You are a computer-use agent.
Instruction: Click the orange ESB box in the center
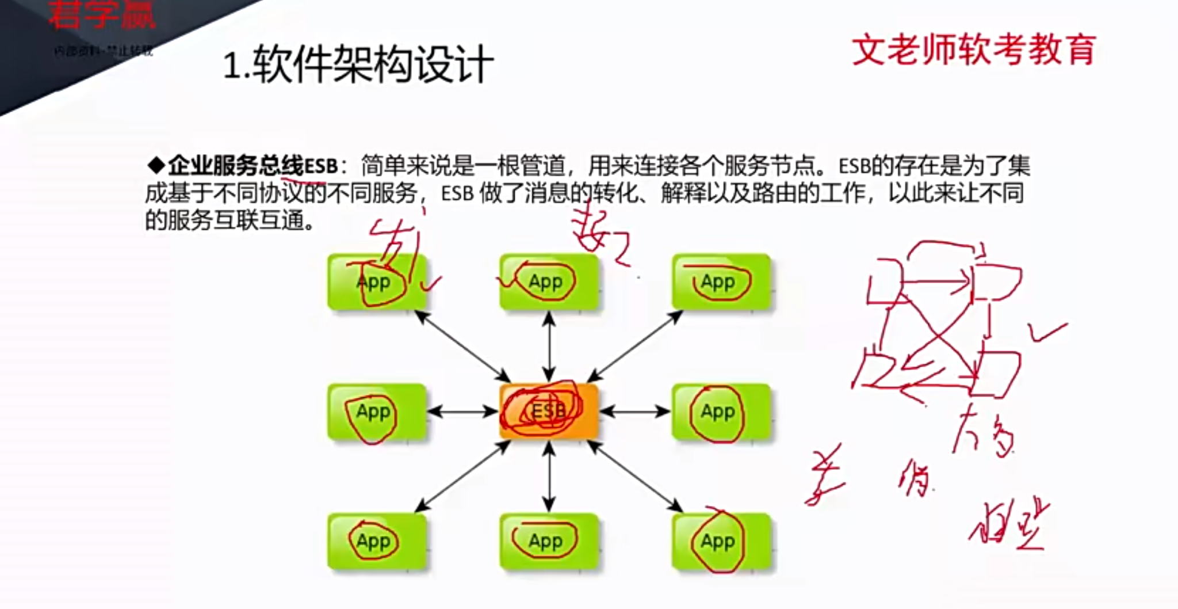[x=549, y=411]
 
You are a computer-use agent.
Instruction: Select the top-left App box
[x=377, y=282]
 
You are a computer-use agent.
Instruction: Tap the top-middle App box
[x=549, y=282]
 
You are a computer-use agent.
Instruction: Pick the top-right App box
[x=721, y=282]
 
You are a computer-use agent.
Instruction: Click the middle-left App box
[x=377, y=412]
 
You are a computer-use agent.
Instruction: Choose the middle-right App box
[x=721, y=412]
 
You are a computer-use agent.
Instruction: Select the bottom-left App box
[x=377, y=541]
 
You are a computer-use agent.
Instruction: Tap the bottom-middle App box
[x=549, y=541]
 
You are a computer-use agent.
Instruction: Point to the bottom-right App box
[x=721, y=541]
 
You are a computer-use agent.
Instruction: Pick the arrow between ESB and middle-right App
[x=634, y=412]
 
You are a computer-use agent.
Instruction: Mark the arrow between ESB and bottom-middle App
[x=549, y=477]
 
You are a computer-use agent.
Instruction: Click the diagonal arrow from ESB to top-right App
[x=635, y=347]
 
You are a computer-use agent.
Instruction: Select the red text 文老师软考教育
[x=973, y=50]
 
